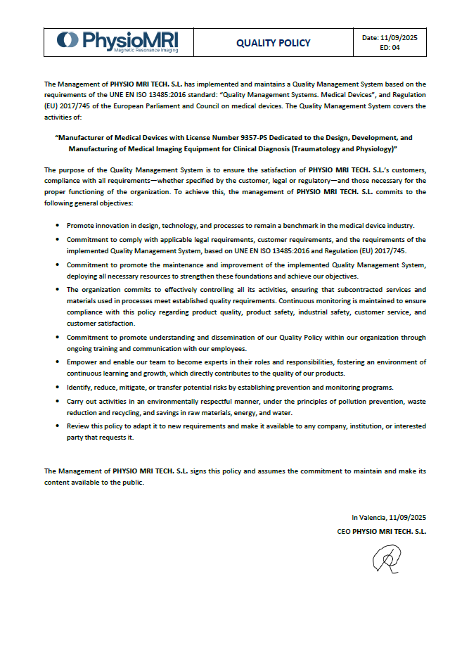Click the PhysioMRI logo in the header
click(x=117, y=41)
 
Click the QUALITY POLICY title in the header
click(x=273, y=43)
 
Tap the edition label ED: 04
click(x=390, y=48)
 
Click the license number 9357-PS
click(x=259, y=138)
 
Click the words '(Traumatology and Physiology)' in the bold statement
click(x=347, y=149)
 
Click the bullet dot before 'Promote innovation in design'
click(x=57, y=226)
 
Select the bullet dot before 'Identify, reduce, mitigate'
click(x=57, y=388)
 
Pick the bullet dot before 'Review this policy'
click(x=57, y=426)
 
